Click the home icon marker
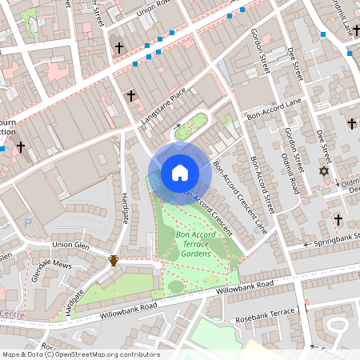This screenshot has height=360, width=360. pos(180,173)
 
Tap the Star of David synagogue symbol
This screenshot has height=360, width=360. pos(324,171)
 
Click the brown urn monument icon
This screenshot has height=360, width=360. pos(114,260)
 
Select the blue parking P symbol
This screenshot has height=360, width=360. pos(29,223)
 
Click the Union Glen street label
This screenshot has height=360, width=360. pos(70,244)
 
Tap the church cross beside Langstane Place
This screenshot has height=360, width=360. pos(130,95)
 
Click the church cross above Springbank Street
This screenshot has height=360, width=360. pos(338,219)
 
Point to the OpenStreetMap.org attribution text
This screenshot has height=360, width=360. pos(80,354)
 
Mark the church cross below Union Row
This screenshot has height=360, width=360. pos(119,49)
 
